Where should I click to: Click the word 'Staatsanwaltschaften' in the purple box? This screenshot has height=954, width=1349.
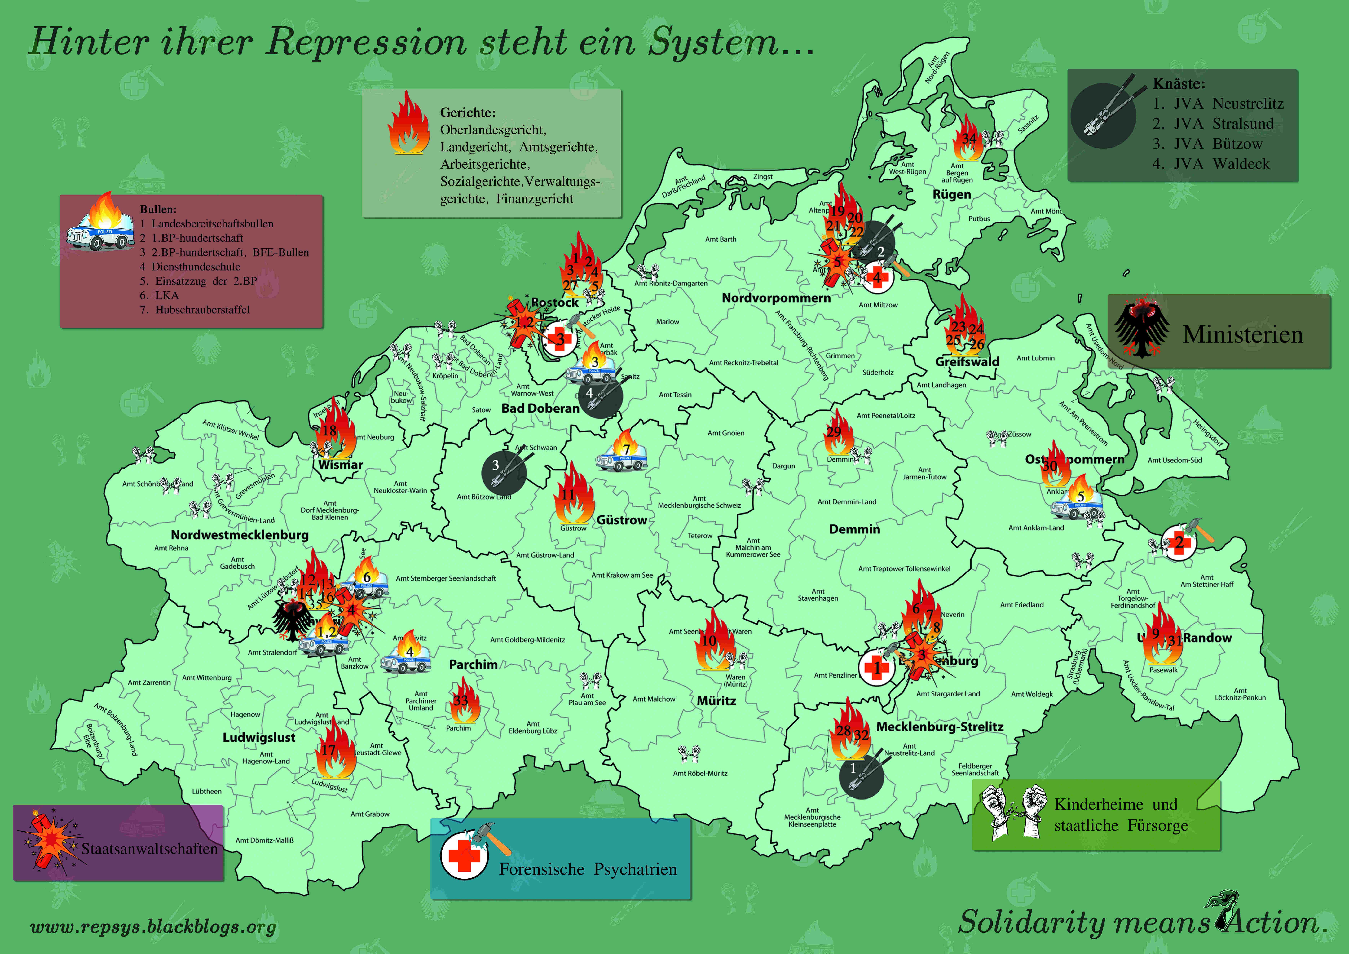pos(149,849)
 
